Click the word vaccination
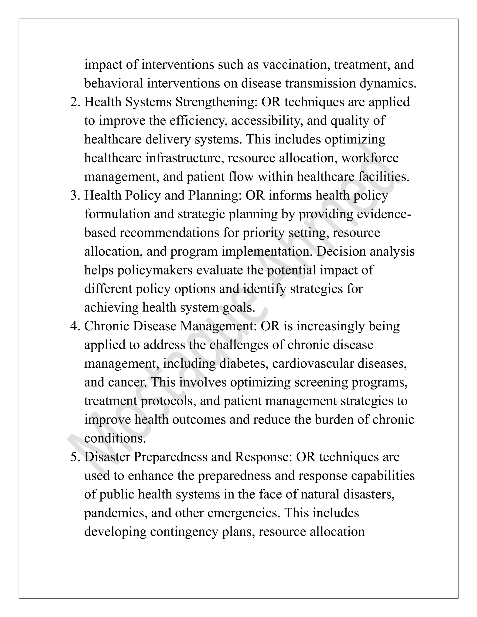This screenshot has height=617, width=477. click(296, 65)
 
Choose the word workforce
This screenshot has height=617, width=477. click(370, 158)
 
